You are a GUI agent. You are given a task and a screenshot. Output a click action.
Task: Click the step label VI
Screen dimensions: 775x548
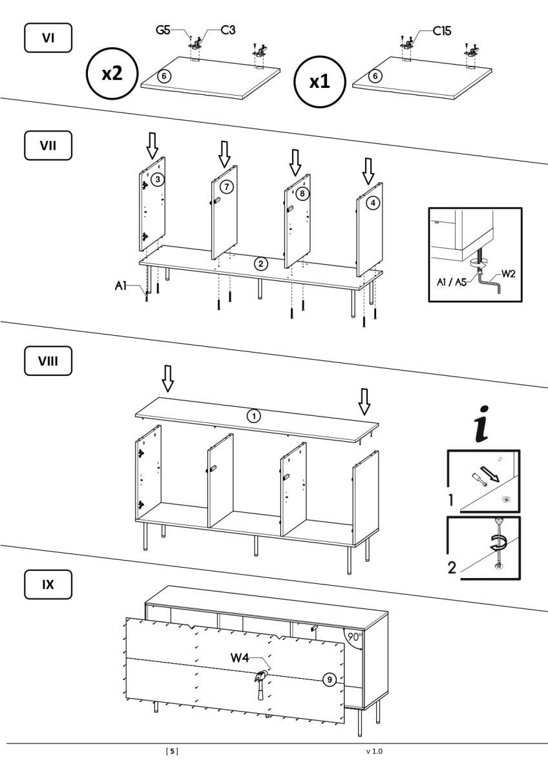pyautogui.click(x=48, y=38)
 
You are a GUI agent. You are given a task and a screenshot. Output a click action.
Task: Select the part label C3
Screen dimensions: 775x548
pyautogui.click(x=227, y=30)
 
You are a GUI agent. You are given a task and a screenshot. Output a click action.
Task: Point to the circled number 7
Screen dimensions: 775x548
pyautogui.click(x=226, y=187)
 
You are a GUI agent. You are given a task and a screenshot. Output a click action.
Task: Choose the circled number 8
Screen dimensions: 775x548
pyautogui.click(x=301, y=193)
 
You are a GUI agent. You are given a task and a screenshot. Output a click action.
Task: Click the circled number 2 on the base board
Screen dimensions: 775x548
pyautogui.click(x=260, y=263)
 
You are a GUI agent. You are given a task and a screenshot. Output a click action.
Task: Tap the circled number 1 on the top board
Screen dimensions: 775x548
pyautogui.click(x=255, y=417)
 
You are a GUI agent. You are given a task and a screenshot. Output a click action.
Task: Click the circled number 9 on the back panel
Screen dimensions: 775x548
pyautogui.click(x=329, y=679)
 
